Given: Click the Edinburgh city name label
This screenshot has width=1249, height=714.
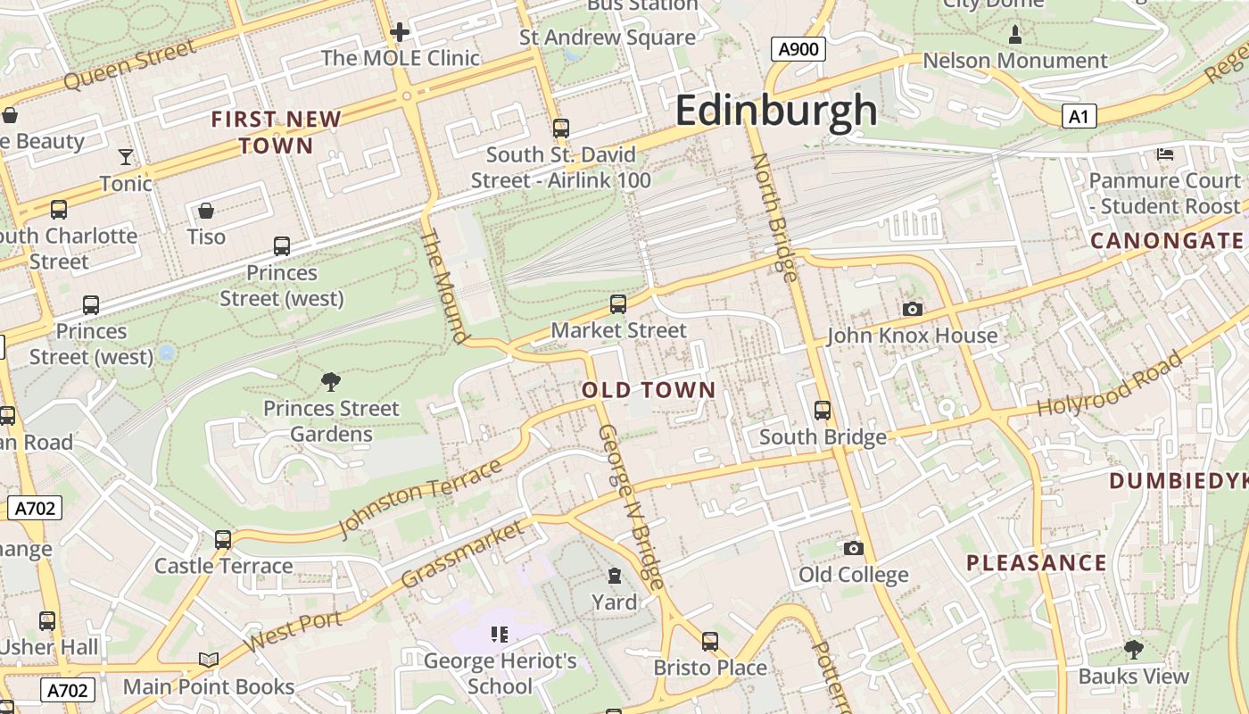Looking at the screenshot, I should click(x=776, y=111).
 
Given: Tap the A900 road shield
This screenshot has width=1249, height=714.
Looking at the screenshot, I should click(x=798, y=49).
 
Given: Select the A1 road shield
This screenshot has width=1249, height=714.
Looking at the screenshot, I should click(x=1079, y=116).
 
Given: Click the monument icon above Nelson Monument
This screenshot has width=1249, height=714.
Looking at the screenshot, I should click(x=1014, y=35).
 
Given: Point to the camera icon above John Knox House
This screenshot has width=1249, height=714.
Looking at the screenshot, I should click(x=912, y=309).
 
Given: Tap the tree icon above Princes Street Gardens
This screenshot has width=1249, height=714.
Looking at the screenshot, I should click(x=331, y=382).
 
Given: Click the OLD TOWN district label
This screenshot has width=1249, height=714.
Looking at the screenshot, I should click(x=649, y=390).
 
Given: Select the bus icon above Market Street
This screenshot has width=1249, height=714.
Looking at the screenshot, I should click(x=618, y=304).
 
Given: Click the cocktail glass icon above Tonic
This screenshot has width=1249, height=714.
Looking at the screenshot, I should click(x=126, y=157).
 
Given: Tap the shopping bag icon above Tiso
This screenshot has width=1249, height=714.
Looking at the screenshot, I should click(x=206, y=211).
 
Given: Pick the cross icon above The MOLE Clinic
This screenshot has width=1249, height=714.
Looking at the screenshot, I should click(x=400, y=33).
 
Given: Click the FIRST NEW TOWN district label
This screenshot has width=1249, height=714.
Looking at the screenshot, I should click(x=277, y=132).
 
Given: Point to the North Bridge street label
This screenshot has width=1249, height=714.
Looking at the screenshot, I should click(x=774, y=217).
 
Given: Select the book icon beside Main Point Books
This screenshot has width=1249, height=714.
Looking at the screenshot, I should click(x=209, y=660).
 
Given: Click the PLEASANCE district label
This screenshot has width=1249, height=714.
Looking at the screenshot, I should click(x=1037, y=563).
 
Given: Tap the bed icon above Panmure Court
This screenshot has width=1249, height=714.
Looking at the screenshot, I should click(x=1164, y=154).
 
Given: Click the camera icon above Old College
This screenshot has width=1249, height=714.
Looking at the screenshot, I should click(x=854, y=548).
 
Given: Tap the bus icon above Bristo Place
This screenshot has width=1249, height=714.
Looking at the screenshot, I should click(x=710, y=641).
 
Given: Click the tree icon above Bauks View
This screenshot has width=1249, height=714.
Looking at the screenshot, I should click(x=1133, y=649).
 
